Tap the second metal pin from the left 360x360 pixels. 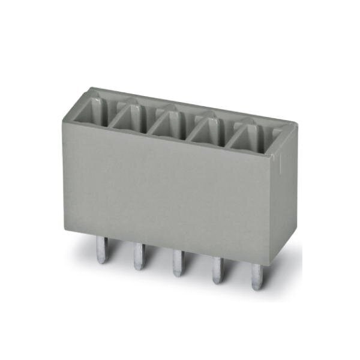coord(139,254)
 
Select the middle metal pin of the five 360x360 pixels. coord(177,261)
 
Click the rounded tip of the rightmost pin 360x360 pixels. coord(257,287)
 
